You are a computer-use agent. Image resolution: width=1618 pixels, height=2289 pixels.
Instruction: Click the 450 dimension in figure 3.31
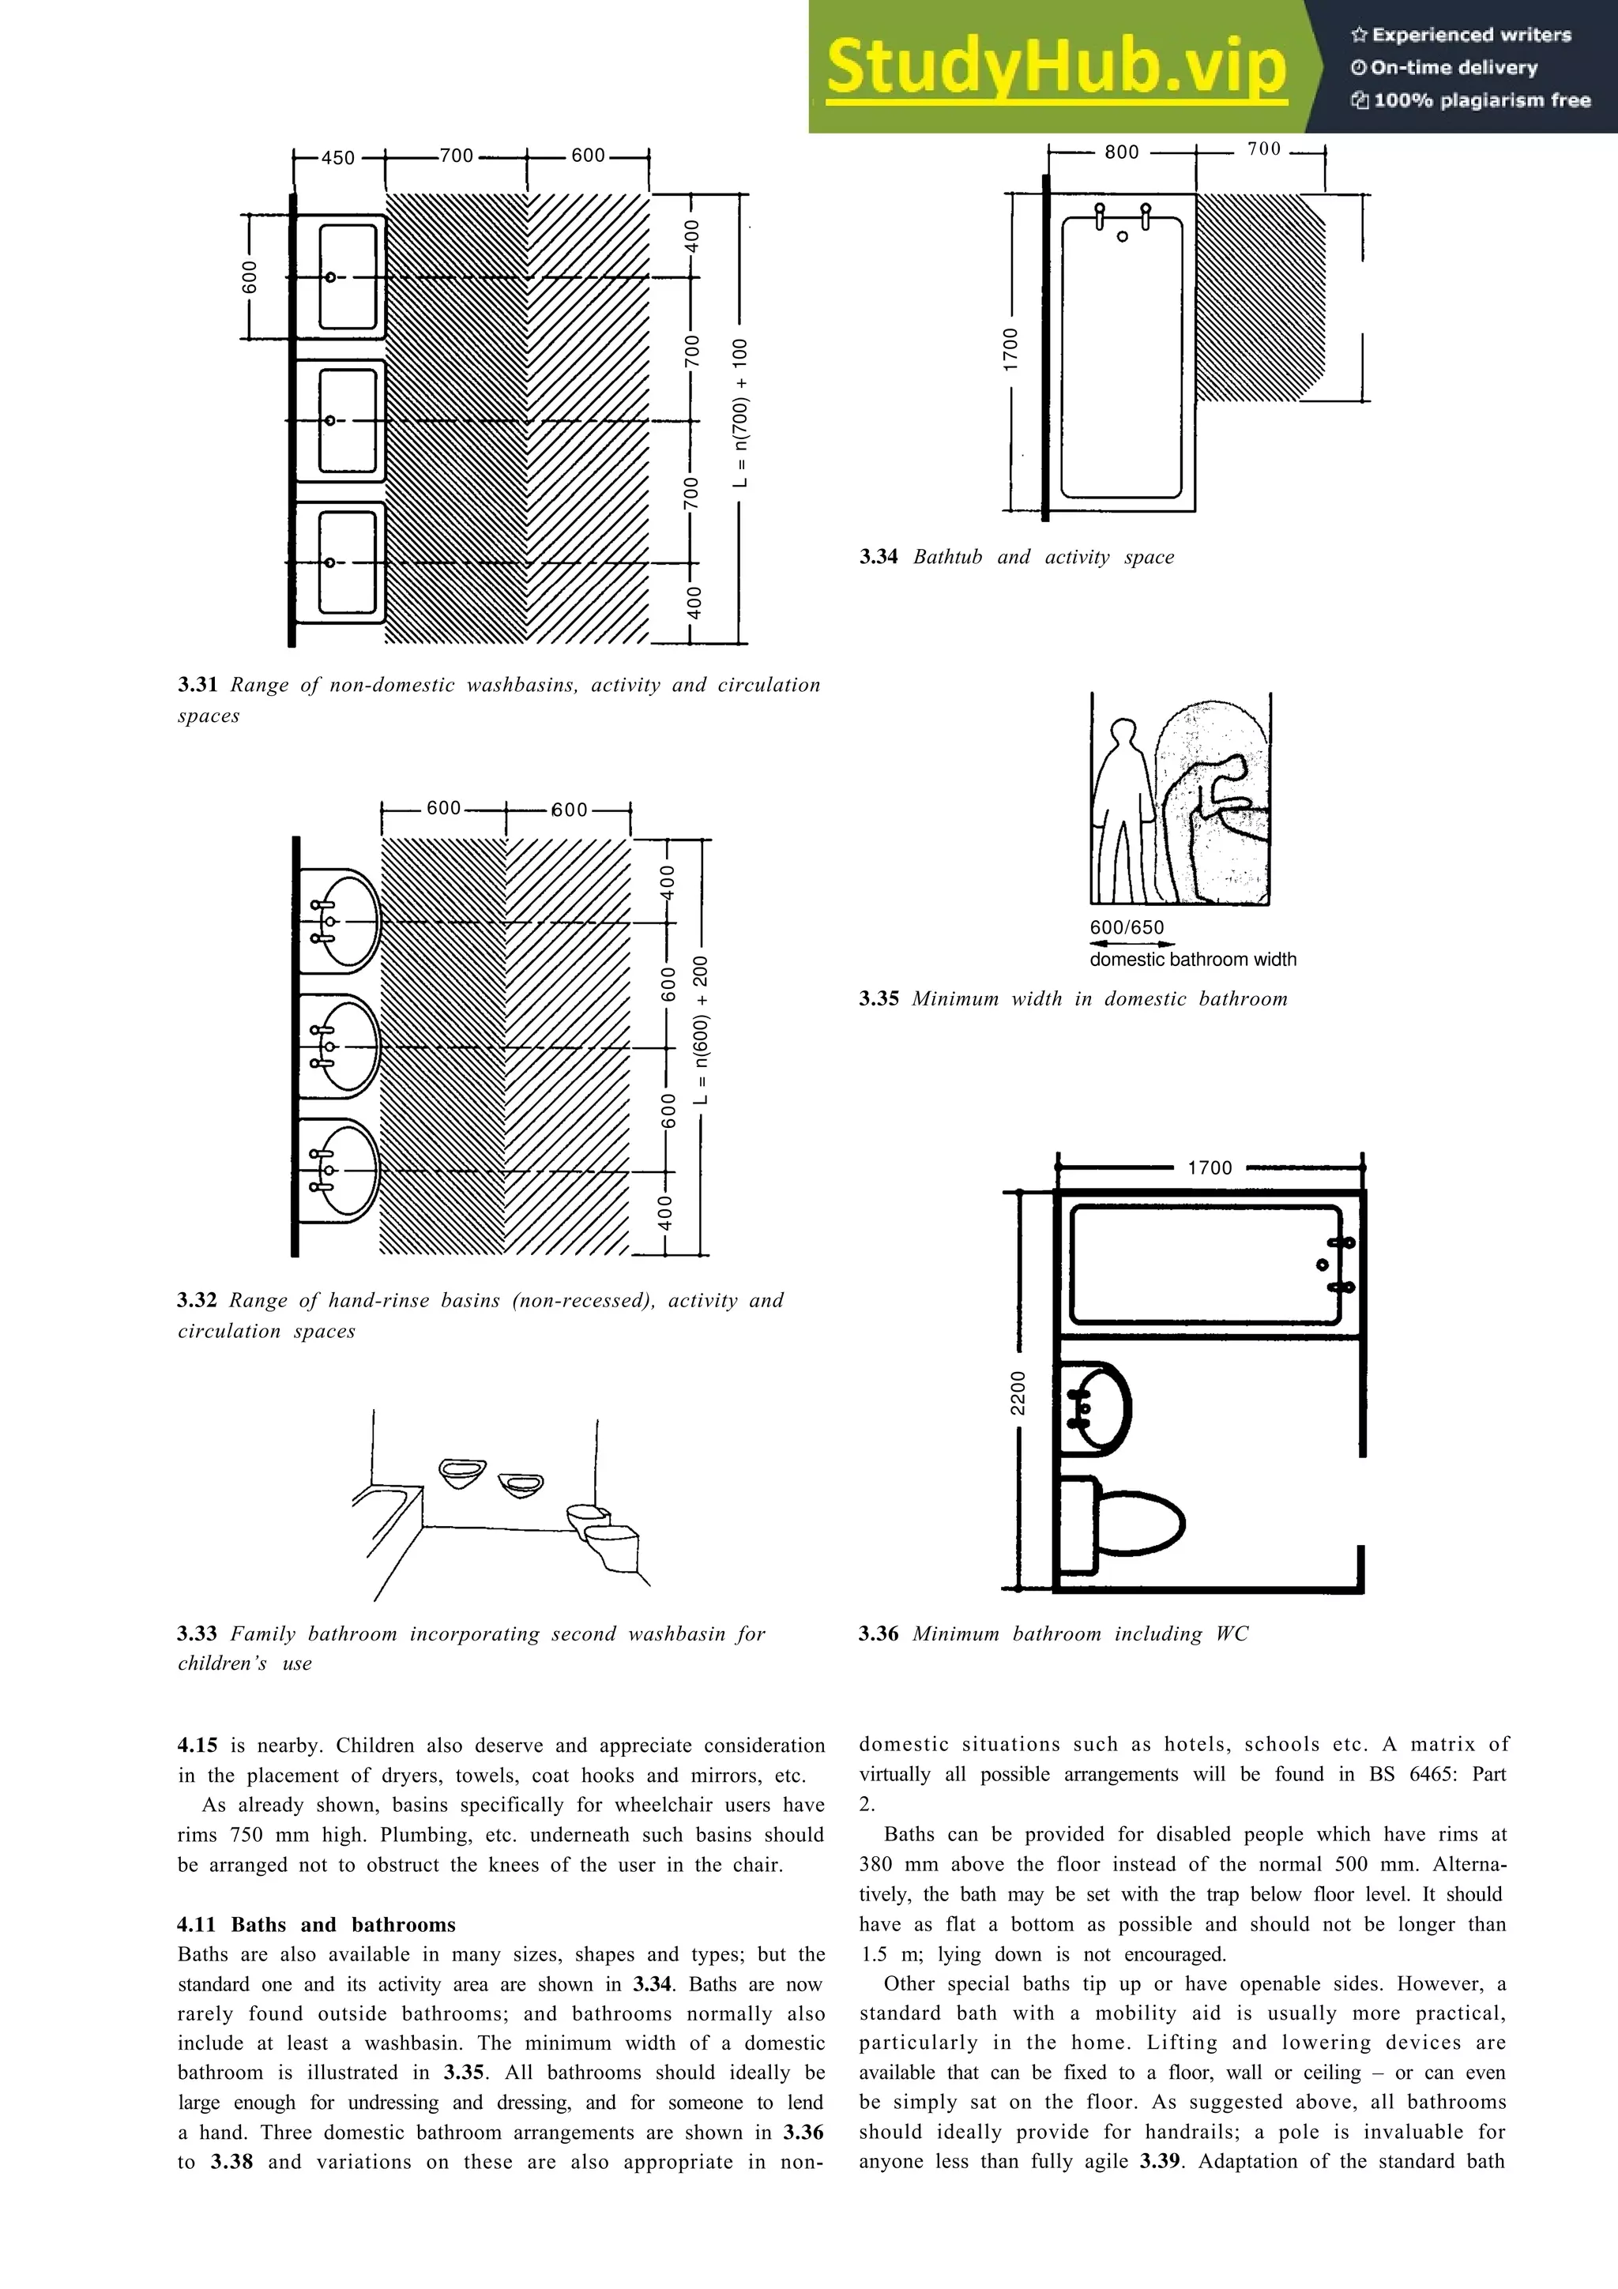coord(338,157)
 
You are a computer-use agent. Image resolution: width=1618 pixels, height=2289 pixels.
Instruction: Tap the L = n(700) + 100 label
coord(739,414)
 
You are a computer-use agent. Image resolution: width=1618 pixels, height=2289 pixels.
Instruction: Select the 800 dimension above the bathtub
coord(1122,152)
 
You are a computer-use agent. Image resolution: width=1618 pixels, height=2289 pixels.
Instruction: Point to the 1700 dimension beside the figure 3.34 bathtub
coord(1012,350)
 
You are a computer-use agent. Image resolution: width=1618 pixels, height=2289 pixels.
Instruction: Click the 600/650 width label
coord(1127,927)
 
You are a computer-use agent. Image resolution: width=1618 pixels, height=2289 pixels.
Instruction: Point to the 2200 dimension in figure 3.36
coord(1018,1392)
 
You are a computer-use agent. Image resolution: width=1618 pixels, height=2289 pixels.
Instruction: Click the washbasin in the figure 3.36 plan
coord(1096,1407)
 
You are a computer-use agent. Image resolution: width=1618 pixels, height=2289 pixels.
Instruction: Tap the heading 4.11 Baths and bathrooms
coord(316,1924)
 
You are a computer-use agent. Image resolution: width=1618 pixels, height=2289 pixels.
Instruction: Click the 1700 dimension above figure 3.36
coord(1210,1167)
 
